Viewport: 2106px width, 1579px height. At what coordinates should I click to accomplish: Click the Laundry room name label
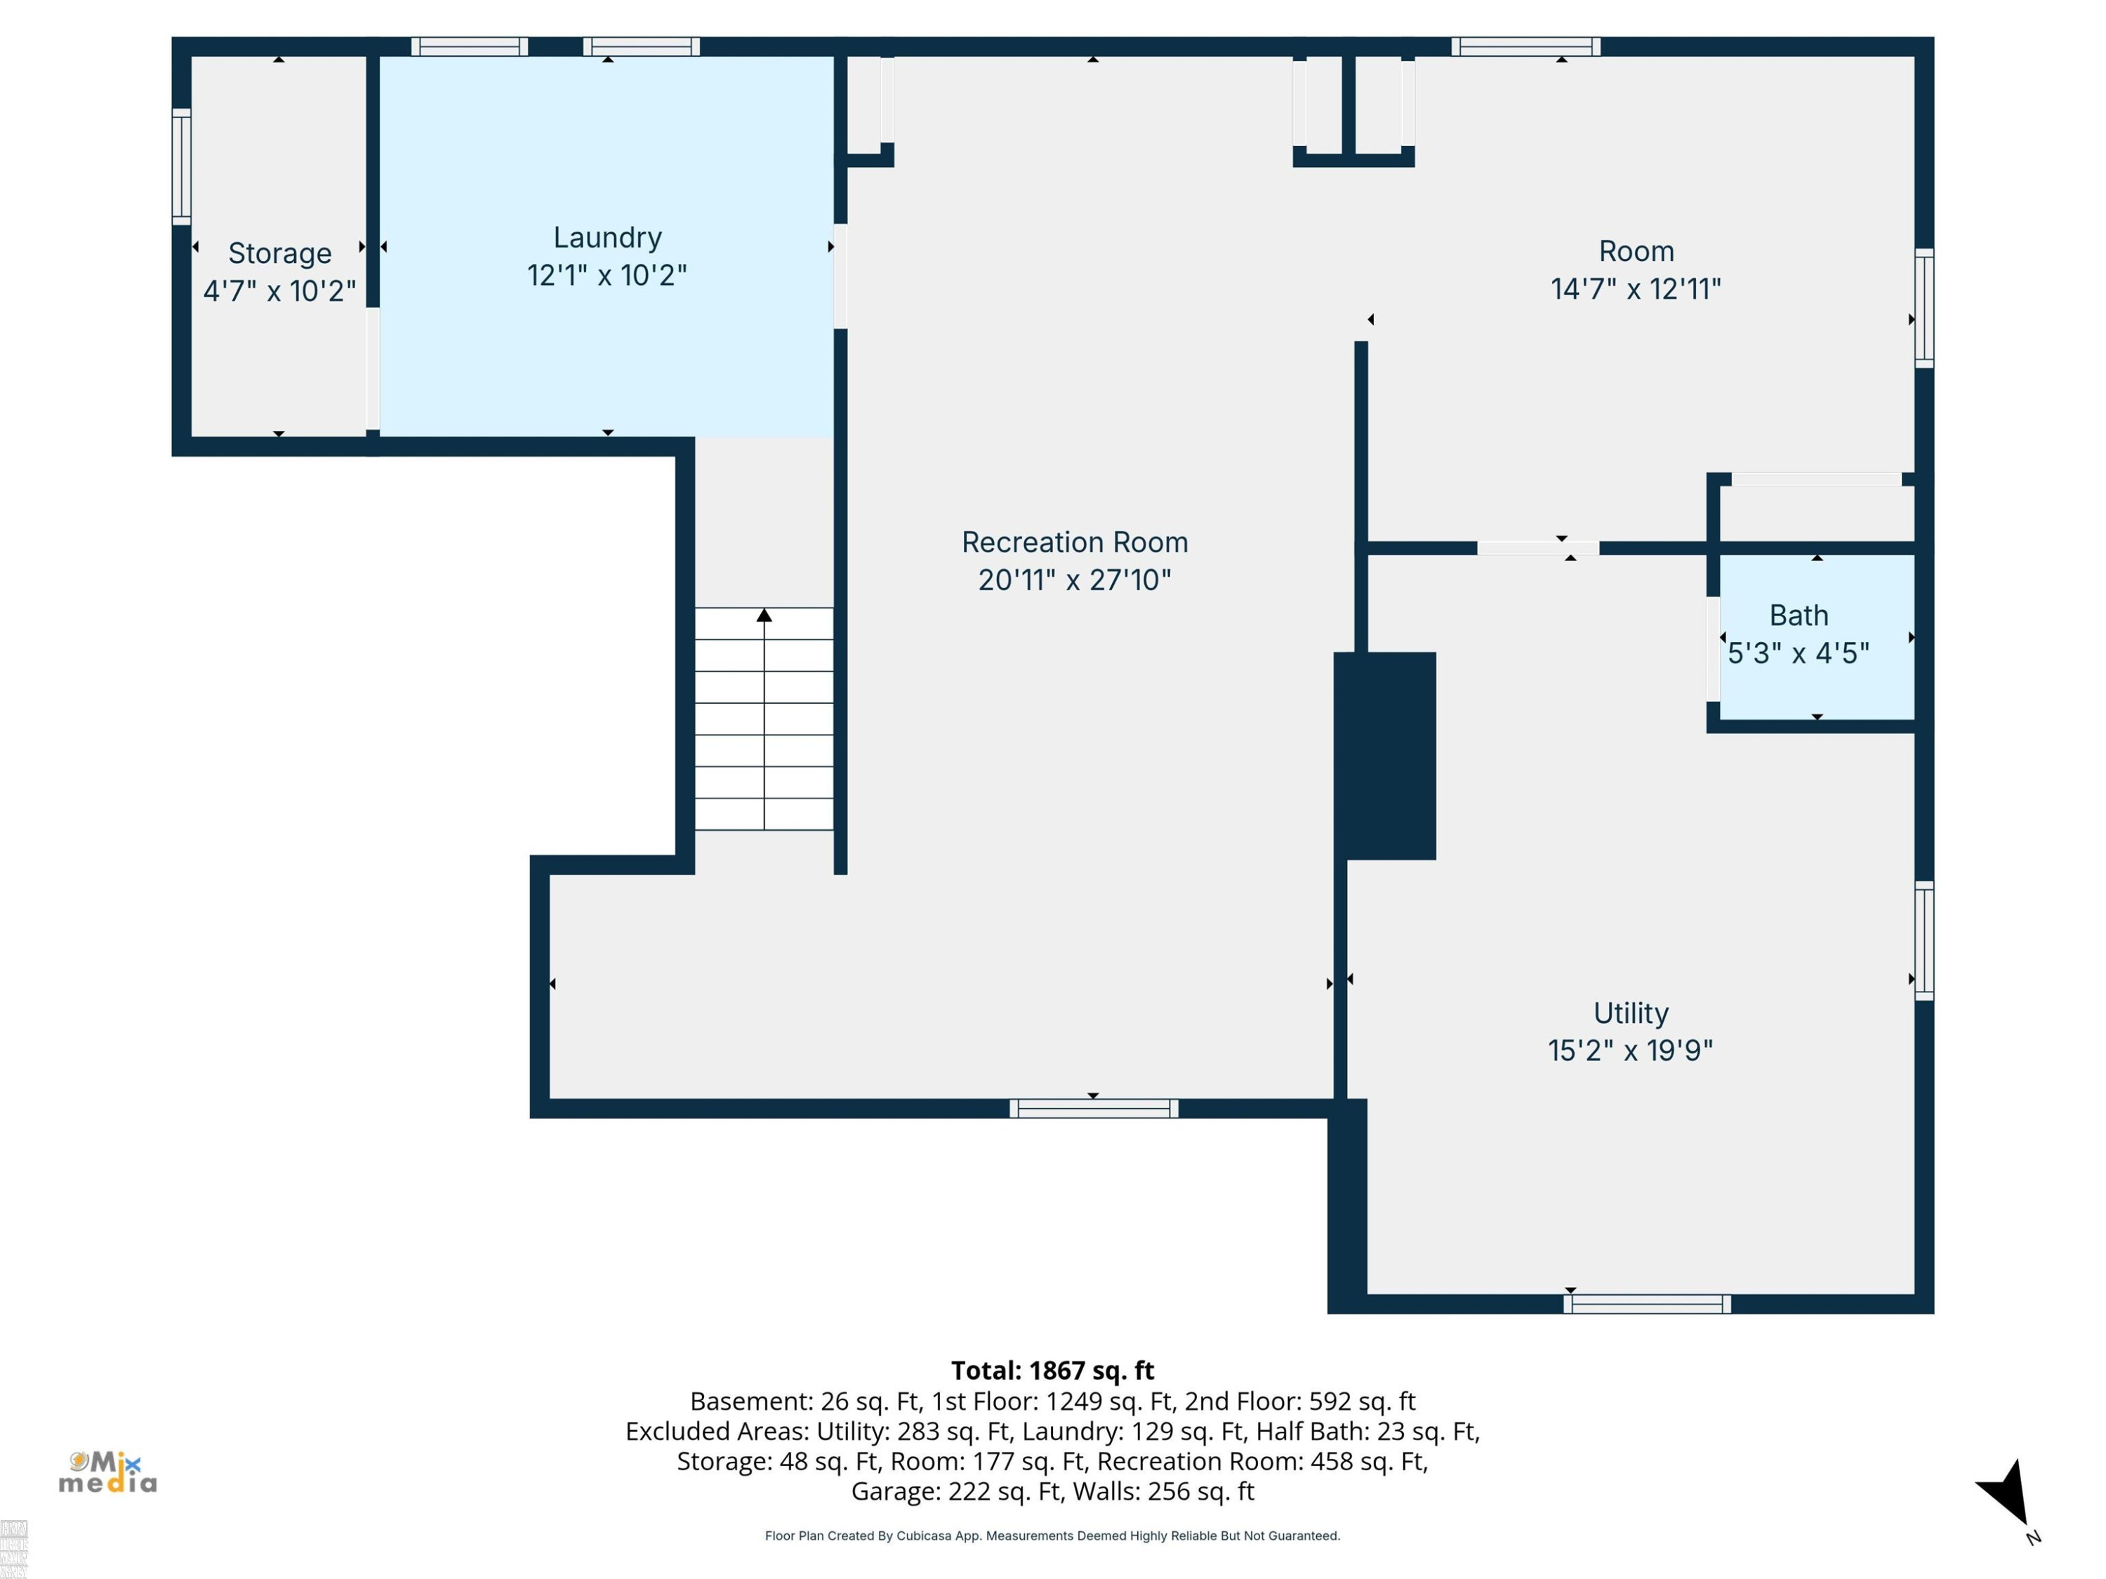[x=607, y=238]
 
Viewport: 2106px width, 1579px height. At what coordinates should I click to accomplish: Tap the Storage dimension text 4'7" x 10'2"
[x=280, y=291]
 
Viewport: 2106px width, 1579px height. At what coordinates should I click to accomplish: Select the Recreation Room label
[x=1075, y=542]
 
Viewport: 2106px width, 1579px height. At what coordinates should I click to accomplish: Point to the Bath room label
[x=1799, y=615]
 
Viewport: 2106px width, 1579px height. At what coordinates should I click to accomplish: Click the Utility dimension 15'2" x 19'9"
[x=1631, y=1051]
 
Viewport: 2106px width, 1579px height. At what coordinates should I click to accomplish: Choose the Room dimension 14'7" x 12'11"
[x=1636, y=288]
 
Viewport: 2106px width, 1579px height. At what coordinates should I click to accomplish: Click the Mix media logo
[x=107, y=1472]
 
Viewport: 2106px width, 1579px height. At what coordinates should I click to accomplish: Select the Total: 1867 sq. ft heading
[x=1052, y=1371]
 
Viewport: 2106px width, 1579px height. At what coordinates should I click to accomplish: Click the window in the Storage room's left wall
[x=181, y=166]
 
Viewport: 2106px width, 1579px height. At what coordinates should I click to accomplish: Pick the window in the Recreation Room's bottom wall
[x=1094, y=1108]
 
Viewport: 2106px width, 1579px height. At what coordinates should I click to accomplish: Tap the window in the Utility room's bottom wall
[x=1647, y=1304]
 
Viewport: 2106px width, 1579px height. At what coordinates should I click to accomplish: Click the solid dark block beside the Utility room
[x=1384, y=756]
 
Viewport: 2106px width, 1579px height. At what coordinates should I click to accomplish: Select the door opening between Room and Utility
[x=1537, y=548]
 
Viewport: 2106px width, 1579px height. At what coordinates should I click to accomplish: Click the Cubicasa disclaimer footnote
[x=1052, y=1535]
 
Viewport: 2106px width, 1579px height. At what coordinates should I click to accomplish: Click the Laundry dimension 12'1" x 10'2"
[x=607, y=275]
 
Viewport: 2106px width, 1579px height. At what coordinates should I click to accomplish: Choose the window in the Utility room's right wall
[x=1924, y=940]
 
